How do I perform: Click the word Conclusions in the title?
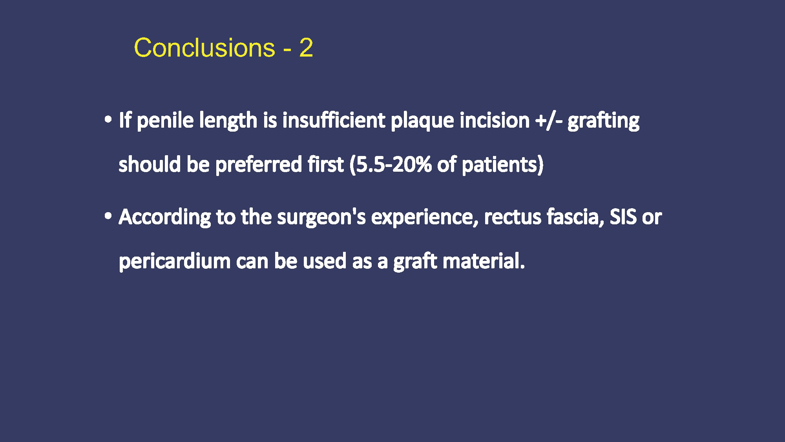click(x=204, y=48)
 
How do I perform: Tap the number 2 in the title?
click(x=306, y=48)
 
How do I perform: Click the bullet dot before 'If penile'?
click(x=108, y=119)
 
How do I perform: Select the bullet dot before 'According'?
click(x=108, y=216)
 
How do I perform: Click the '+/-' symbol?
click(x=549, y=120)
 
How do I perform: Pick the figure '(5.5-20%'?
click(x=391, y=165)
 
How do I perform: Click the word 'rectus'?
click(x=513, y=217)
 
